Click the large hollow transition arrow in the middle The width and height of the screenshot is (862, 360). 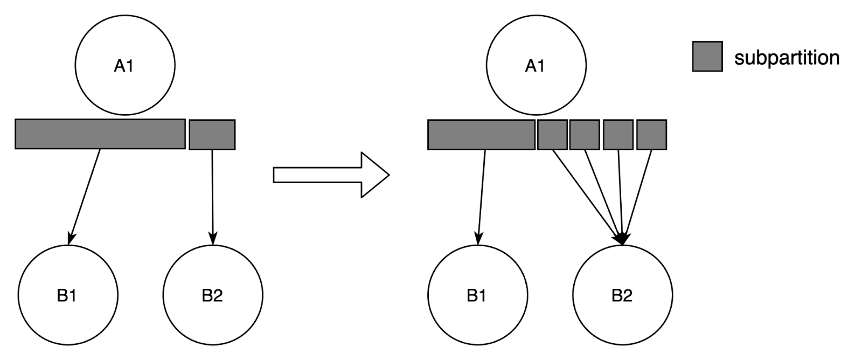[x=331, y=175]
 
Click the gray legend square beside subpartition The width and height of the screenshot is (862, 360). [x=707, y=56]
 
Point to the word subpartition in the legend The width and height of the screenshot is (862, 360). [x=787, y=58]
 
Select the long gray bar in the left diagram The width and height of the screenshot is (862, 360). [x=100, y=134]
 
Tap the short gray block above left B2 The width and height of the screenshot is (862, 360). [x=212, y=134]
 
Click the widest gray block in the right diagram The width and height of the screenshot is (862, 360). [x=482, y=134]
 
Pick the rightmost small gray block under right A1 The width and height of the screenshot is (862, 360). [x=651, y=134]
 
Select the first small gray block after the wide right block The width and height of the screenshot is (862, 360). [x=552, y=134]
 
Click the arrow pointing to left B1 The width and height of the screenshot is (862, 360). [x=84, y=197]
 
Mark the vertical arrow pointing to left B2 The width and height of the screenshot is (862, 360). [x=212, y=197]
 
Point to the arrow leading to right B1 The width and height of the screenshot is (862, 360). [x=482, y=197]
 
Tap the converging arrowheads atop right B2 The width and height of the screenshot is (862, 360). [x=622, y=238]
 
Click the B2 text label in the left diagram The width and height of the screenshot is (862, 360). [x=212, y=295]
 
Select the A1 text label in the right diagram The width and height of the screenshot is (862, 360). [x=535, y=66]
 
